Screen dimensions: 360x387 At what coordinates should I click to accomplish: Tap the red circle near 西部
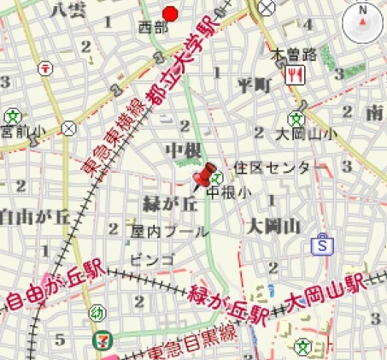[x=171, y=13]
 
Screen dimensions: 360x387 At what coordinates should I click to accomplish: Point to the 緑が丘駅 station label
[x=230, y=302]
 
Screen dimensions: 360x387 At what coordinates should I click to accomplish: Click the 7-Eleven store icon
[x=101, y=339]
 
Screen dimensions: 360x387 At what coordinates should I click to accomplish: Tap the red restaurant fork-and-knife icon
[x=296, y=74]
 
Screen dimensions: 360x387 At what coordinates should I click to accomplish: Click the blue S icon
[x=322, y=245]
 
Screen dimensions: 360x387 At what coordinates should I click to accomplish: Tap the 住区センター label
[x=273, y=168]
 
